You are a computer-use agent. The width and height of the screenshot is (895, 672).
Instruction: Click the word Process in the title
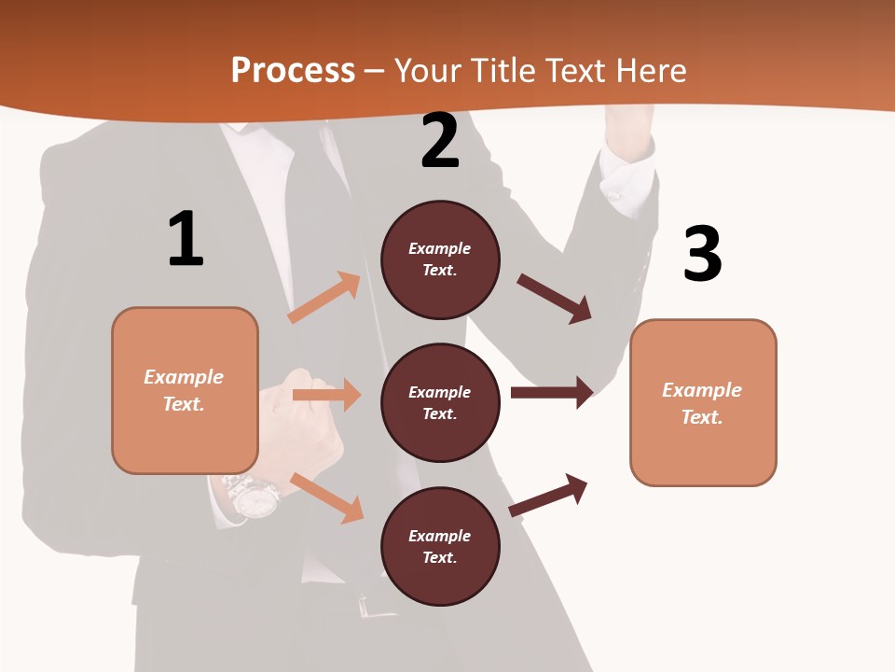click(x=293, y=71)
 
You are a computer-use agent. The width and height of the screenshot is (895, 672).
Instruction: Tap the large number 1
click(x=186, y=240)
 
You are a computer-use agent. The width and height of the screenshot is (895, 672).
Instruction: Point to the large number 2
click(x=440, y=142)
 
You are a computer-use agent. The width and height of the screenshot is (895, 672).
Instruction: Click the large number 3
click(x=702, y=255)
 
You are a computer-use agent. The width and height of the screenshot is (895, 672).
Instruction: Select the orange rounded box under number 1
click(x=185, y=390)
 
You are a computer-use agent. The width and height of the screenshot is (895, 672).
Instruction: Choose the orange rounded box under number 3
click(x=703, y=402)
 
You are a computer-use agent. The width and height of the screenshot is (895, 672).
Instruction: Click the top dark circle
click(x=440, y=259)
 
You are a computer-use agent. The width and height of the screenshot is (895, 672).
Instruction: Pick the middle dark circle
click(x=440, y=402)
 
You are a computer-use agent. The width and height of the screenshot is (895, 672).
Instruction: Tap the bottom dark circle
click(x=440, y=546)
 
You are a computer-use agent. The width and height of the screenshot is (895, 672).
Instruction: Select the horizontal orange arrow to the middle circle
click(x=326, y=395)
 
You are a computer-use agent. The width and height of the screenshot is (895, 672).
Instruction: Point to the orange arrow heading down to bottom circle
click(x=327, y=497)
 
